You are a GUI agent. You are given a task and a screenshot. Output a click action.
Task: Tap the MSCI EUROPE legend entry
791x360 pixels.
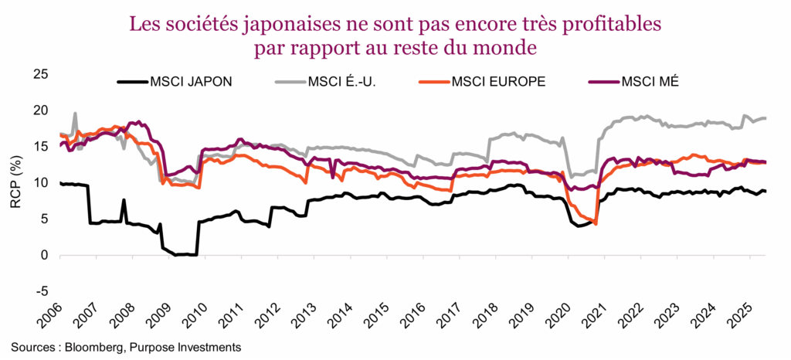coord(498,80)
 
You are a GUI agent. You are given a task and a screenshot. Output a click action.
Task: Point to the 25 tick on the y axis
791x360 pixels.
coord(41,74)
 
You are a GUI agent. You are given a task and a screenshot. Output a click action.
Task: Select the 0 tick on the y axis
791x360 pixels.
coord(45,255)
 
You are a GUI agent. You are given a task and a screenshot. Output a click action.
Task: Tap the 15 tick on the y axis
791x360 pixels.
coord(41,147)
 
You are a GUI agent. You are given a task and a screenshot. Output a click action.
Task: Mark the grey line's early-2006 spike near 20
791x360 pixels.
coord(75,114)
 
